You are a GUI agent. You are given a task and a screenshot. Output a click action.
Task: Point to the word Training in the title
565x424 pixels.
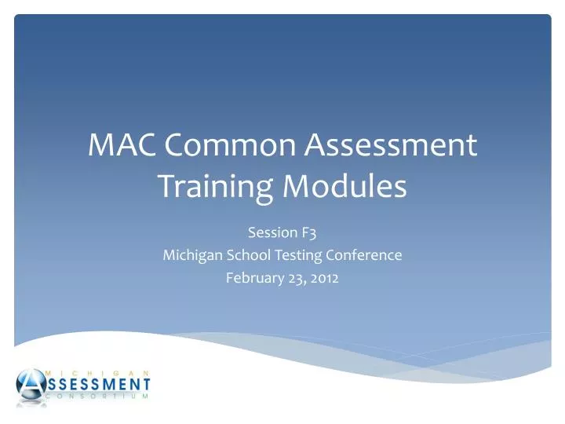[207, 187]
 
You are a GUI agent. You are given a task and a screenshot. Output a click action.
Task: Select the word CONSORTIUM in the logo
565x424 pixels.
[98, 397]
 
